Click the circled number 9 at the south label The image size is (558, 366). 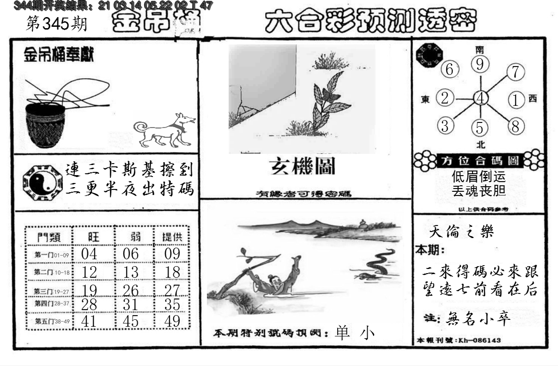[x=480, y=65]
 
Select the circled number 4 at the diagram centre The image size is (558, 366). [x=481, y=98]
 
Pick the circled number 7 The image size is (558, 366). [x=515, y=73]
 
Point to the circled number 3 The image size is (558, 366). [x=445, y=126]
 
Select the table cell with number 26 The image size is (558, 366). [x=131, y=289]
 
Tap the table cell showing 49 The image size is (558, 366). [x=172, y=321]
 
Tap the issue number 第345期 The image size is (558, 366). [x=56, y=24]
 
